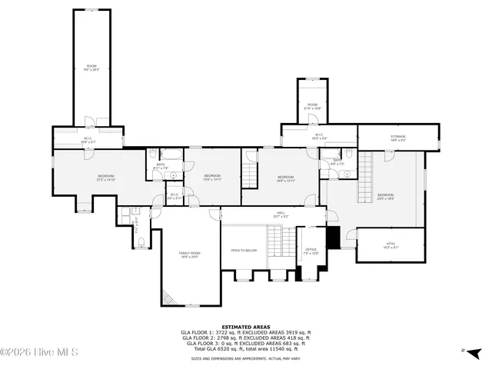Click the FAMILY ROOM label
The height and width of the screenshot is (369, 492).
tap(189, 255)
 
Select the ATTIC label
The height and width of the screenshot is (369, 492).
tap(391, 245)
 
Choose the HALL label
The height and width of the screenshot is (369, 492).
tap(281, 214)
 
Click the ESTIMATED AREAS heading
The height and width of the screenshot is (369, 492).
tap(246, 327)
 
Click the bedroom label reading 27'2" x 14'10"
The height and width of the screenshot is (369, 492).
tap(105, 178)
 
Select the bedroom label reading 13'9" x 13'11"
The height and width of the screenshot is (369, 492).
tap(212, 178)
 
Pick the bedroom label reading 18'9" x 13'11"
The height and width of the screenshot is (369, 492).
tap(286, 179)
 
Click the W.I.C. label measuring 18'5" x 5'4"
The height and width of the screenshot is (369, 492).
tap(318, 136)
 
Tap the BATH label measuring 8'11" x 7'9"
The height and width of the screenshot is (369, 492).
tap(161, 166)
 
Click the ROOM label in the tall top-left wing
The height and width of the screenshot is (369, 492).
tap(91, 67)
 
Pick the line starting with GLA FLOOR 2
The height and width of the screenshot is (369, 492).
tap(246, 337)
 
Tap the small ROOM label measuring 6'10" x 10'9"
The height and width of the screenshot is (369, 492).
tap(312, 106)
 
